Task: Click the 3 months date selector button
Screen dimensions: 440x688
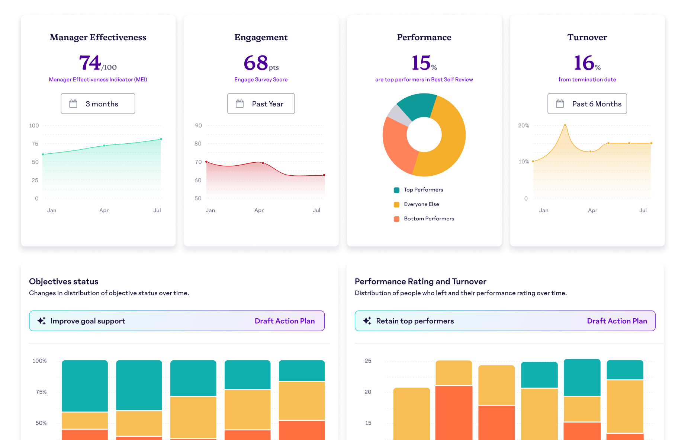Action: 98,104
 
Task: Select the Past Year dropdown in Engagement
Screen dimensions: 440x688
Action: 261,104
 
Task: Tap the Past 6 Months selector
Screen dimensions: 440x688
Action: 587,104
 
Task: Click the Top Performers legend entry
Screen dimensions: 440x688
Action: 423,190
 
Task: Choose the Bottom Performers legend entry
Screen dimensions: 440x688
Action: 429,219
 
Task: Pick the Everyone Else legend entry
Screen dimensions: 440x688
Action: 421,204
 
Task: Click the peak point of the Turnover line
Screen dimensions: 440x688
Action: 565,125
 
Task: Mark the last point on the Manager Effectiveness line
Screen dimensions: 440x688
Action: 161,139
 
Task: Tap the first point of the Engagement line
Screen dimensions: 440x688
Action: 206,162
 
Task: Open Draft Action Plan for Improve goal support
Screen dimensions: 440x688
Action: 284,321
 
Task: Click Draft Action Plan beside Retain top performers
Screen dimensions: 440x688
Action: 617,321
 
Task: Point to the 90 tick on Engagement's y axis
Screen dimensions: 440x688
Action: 198,125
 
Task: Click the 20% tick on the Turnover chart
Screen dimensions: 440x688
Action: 523,125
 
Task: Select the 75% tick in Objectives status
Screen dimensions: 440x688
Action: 41,392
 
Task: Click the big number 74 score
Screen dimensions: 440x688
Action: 90,63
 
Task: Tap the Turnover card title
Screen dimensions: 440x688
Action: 587,37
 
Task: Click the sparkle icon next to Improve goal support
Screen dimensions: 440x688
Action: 42,321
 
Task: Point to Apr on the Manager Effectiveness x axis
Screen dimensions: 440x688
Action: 104,210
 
